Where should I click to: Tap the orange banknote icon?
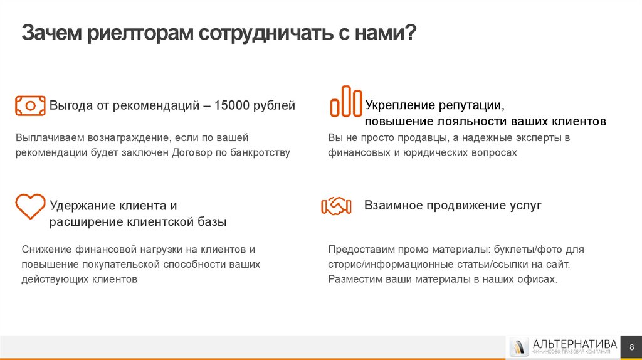tap(30, 105)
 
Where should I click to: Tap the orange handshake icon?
tap(336, 206)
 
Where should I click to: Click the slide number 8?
tap(631, 347)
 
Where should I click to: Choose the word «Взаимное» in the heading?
tap(392, 205)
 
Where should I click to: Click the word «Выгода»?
tap(71, 105)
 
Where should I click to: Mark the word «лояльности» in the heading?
tap(466, 121)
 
